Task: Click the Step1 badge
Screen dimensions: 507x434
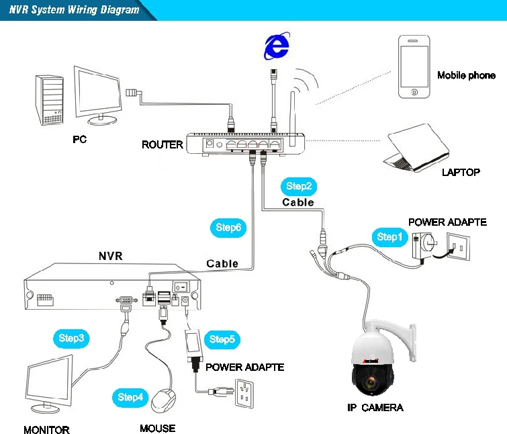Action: (x=389, y=237)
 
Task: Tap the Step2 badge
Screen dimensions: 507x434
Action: (x=299, y=186)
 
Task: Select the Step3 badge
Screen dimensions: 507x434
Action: (x=71, y=339)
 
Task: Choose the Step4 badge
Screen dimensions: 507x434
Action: (x=130, y=397)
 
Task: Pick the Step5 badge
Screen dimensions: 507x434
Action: (x=222, y=339)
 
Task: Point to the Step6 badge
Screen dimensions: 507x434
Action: (x=228, y=228)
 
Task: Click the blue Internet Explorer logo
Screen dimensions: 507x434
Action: (x=277, y=46)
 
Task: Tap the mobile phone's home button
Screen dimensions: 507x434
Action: (x=414, y=92)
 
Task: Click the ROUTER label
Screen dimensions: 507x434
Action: (x=163, y=144)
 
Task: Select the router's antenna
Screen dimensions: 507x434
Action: (x=293, y=119)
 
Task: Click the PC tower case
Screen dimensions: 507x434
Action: (x=49, y=100)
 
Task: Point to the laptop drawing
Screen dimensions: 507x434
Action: (x=416, y=148)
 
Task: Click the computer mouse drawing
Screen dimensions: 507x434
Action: (x=164, y=400)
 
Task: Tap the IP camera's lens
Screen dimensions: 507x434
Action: (x=371, y=382)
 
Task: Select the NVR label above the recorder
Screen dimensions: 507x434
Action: (x=111, y=256)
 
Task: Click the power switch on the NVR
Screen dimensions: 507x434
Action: (x=181, y=287)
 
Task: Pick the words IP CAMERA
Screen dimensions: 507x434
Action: (x=375, y=408)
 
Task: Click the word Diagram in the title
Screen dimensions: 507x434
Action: (x=120, y=9)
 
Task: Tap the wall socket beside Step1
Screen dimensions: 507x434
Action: (x=459, y=247)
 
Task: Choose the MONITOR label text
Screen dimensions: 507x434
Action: (x=46, y=430)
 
